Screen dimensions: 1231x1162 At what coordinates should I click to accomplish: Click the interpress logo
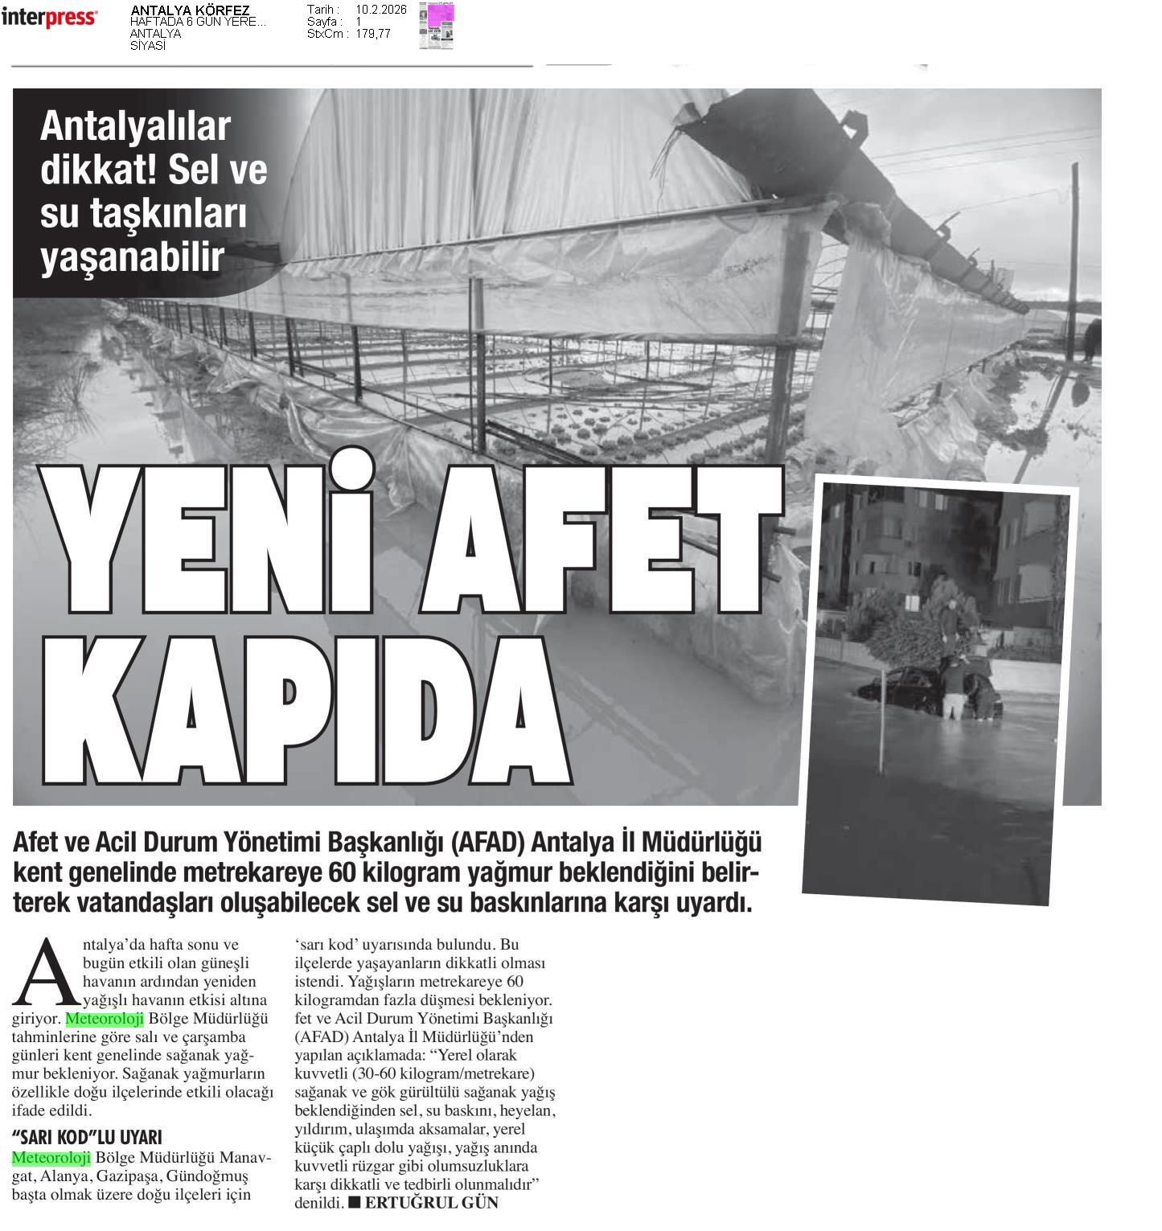49,17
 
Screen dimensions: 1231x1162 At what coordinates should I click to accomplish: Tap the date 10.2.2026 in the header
381,10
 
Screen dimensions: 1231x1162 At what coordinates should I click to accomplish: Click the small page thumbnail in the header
436,26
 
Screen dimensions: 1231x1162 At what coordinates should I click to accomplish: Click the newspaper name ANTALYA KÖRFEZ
190,10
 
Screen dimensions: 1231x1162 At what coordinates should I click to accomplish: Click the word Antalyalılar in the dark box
135,126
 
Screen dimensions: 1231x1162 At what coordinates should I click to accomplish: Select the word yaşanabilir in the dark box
132,257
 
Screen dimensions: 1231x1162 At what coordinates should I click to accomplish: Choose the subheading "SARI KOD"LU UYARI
87,1137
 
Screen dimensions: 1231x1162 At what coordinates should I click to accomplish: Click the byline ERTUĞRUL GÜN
432,1203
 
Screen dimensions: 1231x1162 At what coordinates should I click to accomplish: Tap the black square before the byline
355,1203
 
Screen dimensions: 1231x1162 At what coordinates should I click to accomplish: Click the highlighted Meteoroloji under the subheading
51,1158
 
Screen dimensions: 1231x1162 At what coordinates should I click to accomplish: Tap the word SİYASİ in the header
148,46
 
